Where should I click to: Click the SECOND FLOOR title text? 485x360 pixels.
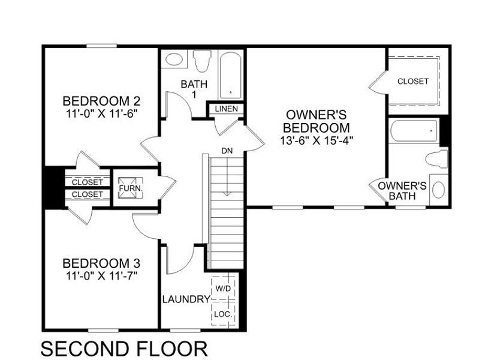124,348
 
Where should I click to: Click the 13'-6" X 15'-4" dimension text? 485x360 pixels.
317,142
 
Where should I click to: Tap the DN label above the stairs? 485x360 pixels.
226,150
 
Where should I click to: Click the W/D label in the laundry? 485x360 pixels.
223,289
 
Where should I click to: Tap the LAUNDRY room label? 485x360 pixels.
186,299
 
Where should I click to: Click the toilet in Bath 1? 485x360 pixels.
202,59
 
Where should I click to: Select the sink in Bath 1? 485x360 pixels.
174,60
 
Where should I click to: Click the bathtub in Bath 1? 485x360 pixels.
230,76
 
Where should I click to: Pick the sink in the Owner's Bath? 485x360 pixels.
439,191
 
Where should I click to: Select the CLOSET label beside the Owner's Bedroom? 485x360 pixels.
413,81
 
